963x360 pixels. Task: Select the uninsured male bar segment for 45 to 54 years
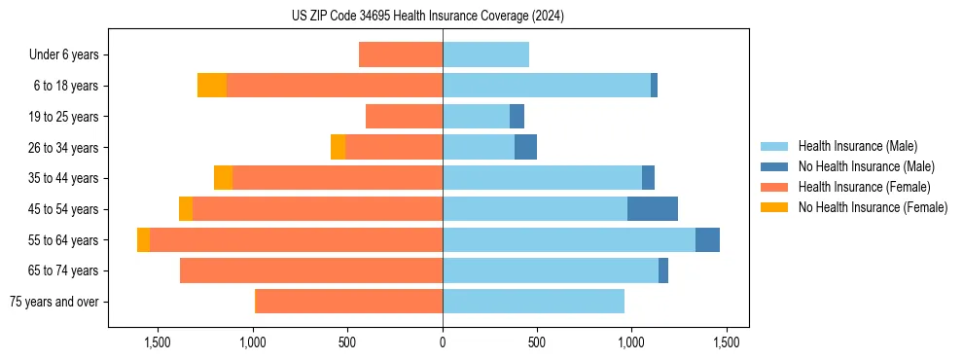653,209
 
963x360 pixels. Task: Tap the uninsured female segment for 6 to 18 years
212,86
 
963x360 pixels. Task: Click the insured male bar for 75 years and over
533,302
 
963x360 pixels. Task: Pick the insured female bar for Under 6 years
401,54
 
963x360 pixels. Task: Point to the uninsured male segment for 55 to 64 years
707,240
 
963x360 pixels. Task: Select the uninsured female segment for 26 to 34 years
338,147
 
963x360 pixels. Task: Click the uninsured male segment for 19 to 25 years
517,117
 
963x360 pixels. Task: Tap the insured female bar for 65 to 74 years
311,270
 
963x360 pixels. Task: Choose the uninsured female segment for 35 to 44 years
223,178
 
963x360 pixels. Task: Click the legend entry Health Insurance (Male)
857,146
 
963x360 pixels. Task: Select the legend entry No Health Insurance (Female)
873,207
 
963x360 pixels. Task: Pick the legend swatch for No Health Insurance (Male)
774,166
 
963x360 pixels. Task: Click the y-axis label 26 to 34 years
64,148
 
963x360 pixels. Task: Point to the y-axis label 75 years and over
54,302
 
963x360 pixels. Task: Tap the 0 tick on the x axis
443,342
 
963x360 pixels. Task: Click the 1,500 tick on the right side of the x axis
725,342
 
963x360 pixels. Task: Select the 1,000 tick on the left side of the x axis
253,342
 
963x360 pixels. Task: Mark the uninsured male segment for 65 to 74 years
663,270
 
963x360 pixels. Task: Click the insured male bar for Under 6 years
485,54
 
